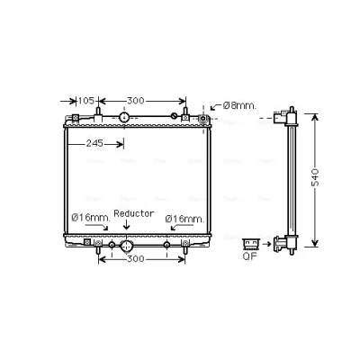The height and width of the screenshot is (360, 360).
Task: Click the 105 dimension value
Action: [86, 101]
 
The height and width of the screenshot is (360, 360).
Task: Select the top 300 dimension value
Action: [136, 101]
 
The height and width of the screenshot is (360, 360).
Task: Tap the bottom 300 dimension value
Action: [136, 258]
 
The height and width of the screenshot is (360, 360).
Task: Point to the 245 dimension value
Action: [94, 144]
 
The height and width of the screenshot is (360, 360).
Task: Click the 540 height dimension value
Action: [315, 177]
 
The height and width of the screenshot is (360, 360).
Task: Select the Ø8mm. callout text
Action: [240, 105]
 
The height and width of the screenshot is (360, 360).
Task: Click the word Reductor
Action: [134, 213]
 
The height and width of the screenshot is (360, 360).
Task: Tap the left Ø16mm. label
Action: [91, 218]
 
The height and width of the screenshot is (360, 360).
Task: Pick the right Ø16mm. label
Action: [184, 219]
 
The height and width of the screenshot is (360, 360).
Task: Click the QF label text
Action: [250, 256]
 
